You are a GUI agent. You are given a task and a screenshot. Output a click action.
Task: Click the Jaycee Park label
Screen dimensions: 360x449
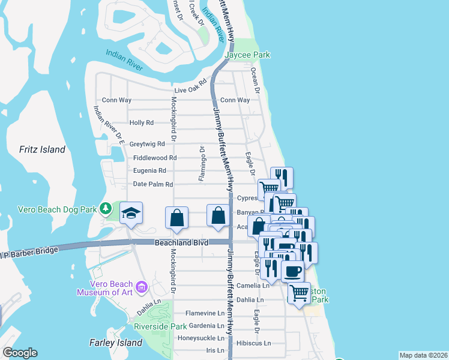[x=247, y=55]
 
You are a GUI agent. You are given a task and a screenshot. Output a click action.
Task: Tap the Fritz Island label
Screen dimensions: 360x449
[x=42, y=149]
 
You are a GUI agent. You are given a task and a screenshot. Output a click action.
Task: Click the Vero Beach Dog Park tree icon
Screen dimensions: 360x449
[x=106, y=208]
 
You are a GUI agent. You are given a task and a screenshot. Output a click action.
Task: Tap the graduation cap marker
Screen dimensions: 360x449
[x=131, y=213]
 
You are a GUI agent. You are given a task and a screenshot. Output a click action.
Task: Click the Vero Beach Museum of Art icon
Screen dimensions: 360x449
[x=142, y=287]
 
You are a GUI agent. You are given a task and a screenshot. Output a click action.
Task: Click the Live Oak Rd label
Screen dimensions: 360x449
[x=190, y=88]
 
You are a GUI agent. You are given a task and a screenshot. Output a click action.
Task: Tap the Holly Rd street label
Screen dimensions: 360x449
[x=142, y=122]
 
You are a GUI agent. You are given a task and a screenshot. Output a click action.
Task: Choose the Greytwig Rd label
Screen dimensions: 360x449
[x=147, y=144]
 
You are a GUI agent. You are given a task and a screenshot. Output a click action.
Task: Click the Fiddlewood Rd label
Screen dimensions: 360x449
[x=155, y=158]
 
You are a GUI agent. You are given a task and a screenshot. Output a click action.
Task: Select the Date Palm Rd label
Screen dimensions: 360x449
[x=153, y=184]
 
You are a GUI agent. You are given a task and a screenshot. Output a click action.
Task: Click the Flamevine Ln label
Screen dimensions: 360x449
[x=205, y=313]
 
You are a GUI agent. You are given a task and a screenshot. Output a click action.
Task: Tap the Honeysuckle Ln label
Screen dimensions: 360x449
[x=200, y=338]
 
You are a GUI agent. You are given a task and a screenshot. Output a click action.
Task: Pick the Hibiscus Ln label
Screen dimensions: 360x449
[x=255, y=344]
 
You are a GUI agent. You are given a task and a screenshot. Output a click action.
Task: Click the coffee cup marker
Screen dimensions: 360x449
[x=292, y=271]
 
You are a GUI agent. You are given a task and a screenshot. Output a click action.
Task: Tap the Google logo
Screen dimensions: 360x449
[x=20, y=353]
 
